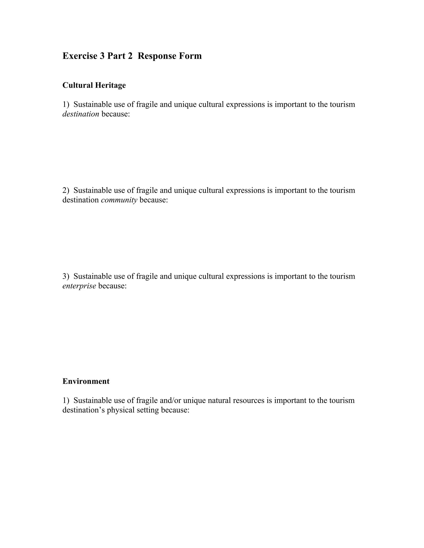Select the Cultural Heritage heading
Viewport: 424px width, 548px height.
coord(94,85)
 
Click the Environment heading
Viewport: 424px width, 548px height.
coord(86,381)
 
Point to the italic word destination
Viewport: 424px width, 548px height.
coord(81,114)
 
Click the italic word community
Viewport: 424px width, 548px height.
coord(119,200)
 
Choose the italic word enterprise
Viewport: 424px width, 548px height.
coord(79,286)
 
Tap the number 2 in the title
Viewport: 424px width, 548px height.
coord(130,56)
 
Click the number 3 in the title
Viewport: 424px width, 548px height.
coord(102,56)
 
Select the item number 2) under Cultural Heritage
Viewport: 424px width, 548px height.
coord(66,190)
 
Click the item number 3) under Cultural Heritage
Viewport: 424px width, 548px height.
coord(66,276)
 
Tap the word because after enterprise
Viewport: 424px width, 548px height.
coord(112,286)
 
